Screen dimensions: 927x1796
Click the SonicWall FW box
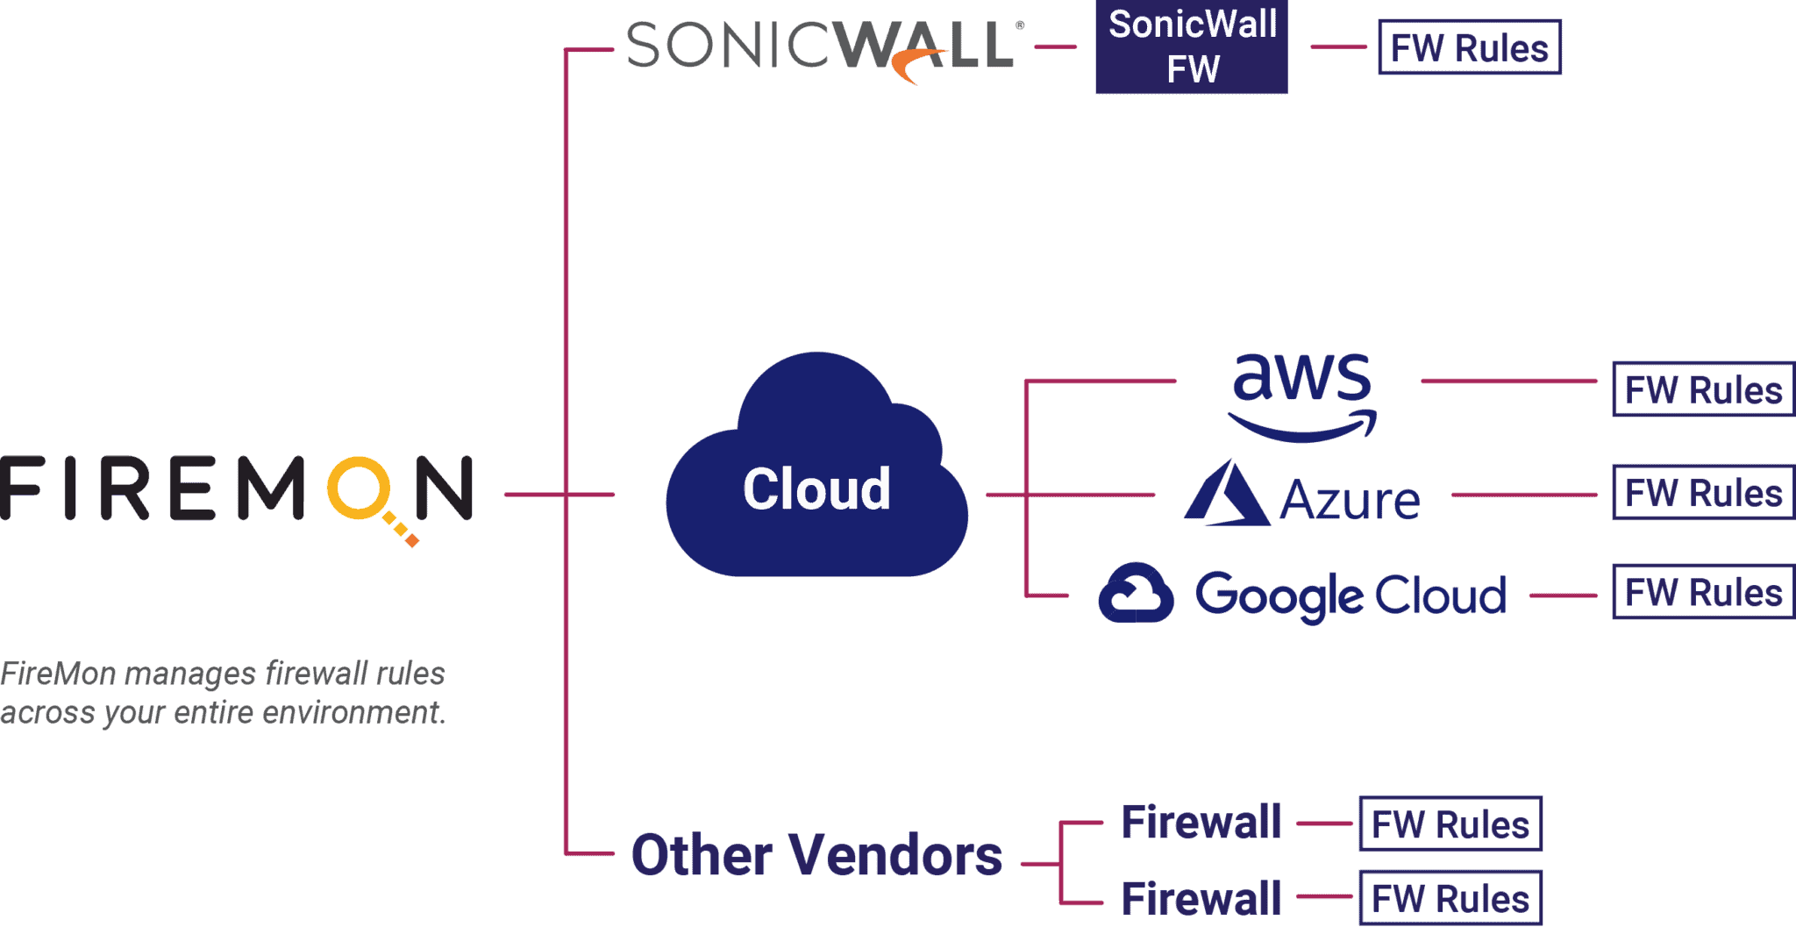[x=1191, y=46]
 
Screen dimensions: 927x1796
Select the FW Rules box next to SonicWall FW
[x=1469, y=47]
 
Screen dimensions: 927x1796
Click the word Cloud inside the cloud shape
[x=816, y=488]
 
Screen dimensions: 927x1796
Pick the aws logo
[x=1301, y=395]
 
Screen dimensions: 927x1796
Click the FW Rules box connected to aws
[x=1702, y=389]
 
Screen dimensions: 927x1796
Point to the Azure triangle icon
[x=1226, y=496]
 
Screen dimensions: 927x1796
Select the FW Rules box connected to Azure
[x=1702, y=493]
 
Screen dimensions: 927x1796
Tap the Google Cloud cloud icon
[x=1136, y=594]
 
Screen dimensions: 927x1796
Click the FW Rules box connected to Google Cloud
[x=1702, y=593]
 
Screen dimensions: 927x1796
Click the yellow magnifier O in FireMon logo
[x=358, y=487]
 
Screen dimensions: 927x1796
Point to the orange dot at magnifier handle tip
[x=412, y=541]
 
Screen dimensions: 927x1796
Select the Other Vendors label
[x=816, y=855]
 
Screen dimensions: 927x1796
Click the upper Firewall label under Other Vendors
[x=1201, y=823]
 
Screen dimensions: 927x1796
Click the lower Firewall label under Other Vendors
[x=1201, y=898]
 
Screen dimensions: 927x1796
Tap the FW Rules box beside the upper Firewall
[x=1450, y=824]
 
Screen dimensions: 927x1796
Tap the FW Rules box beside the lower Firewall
[x=1450, y=898]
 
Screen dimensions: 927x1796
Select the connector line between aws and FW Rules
[x=1508, y=381]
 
